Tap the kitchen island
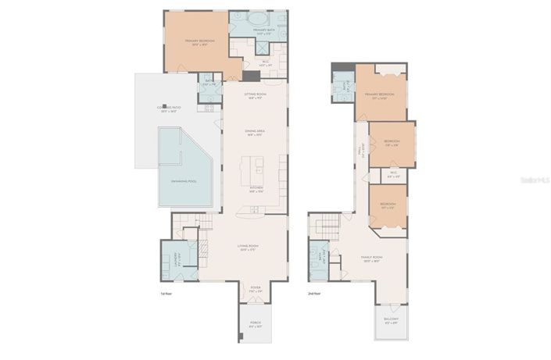coord(255,167)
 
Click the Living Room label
coord(249,248)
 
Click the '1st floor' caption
coord(166,294)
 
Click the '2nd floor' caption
coord(314,294)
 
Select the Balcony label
coord(391,320)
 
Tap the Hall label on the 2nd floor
coord(360,153)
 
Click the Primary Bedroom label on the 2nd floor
coord(378,95)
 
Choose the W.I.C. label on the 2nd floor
coord(393,174)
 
